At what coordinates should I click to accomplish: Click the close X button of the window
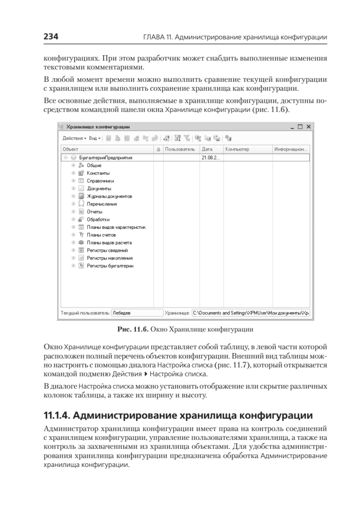tap(308, 127)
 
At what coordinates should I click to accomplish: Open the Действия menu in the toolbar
tap(74, 138)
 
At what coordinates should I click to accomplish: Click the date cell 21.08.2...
tap(210, 158)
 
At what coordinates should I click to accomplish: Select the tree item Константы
tap(98, 173)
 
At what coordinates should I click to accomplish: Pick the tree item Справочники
tap(101, 181)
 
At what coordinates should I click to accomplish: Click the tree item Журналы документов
tap(110, 196)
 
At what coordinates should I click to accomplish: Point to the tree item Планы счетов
tap(101, 235)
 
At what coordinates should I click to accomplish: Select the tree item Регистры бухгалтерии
tap(110, 266)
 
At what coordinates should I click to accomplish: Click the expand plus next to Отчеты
tap(74, 212)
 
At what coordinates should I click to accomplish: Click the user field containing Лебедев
tap(137, 313)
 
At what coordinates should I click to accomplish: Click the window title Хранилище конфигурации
tap(98, 127)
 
